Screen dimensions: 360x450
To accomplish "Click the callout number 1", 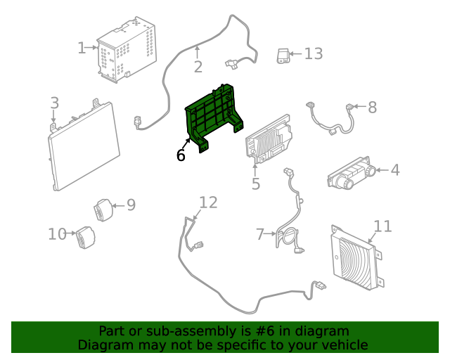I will pos(82,48).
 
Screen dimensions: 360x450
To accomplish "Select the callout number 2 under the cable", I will pos(198,67).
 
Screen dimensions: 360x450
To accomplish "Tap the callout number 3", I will pos(55,104).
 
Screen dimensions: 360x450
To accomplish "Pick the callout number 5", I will pos(256,184).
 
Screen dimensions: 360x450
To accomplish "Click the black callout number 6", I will pos(181,155).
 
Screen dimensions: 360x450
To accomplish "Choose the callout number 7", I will pos(260,233).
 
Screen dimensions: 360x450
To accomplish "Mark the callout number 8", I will pos(373,108).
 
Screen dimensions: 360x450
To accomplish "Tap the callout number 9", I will pos(131,205).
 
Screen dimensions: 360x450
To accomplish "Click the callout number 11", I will pos(382,226).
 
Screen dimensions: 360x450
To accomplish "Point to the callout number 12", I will pos(208,202).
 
